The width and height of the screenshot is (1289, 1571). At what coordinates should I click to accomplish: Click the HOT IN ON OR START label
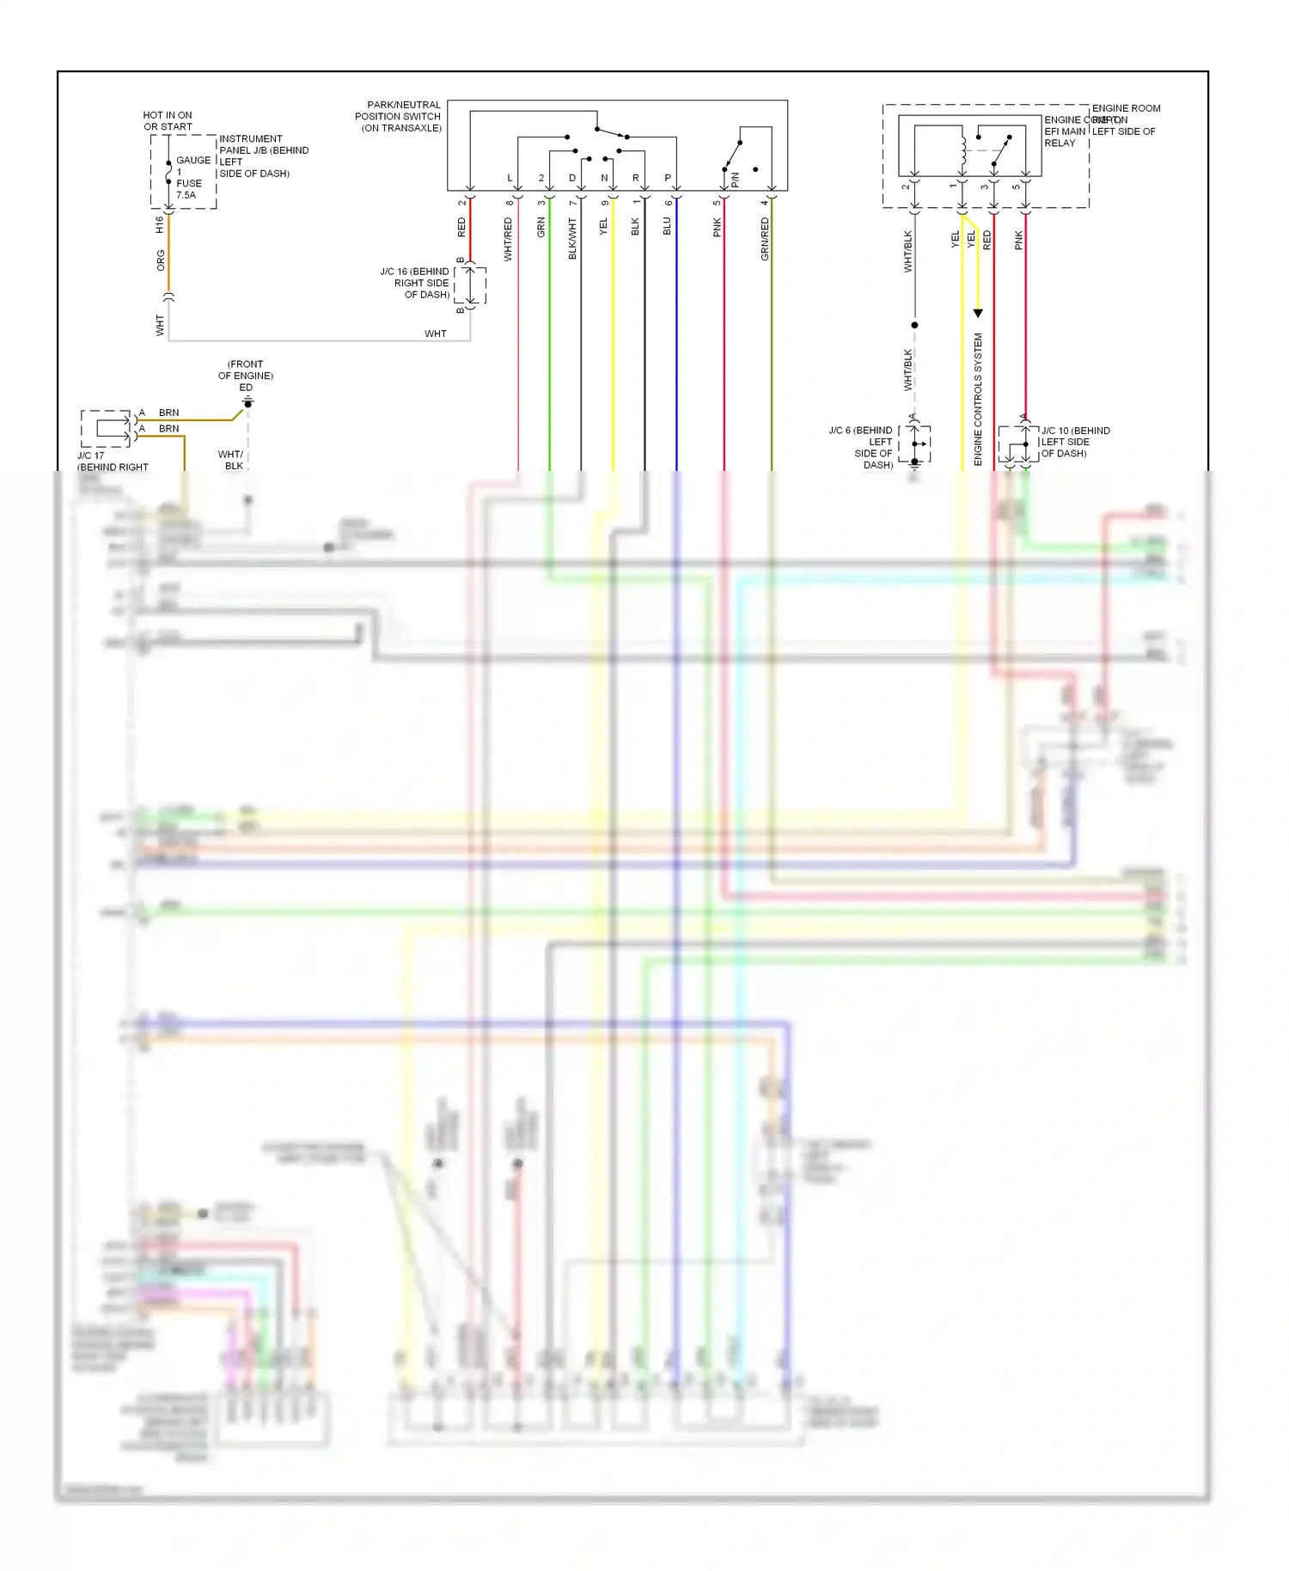[x=168, y=120]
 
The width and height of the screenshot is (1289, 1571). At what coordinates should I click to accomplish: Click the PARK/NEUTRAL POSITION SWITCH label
[x=399, y=116]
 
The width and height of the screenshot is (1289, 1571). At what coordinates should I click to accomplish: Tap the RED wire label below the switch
[x=461, y=228]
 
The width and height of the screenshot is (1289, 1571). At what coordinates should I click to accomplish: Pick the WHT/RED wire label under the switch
[x=508, y=239]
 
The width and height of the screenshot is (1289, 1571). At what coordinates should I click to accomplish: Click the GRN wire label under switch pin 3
[x=541, y=228]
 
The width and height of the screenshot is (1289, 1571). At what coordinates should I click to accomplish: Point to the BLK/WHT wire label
[x=572, y=239]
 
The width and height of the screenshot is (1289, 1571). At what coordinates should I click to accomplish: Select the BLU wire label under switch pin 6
[x=667, y=226]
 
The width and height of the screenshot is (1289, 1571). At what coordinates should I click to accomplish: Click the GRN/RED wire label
[x=765, y=239]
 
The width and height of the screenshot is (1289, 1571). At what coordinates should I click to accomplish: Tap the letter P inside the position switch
[x=668, y=178]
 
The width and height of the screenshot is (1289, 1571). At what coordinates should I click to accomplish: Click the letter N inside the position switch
[x=604, y=178]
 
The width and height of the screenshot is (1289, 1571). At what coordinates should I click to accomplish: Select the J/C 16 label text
[x=416, y=283]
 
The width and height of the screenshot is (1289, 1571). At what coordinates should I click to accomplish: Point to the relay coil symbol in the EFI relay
[x=964, y=148]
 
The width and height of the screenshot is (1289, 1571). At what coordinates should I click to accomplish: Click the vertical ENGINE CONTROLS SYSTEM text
[x=978, y=400]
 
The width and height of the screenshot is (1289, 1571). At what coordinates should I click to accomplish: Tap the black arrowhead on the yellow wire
[x=978, y=314]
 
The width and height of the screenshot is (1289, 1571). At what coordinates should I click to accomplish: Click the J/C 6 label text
[x=862, y=447]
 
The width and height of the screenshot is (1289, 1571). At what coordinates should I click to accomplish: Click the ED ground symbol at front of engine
[x=247, y=402]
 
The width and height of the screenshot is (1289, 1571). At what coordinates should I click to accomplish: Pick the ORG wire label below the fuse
[x=161, y=260]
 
